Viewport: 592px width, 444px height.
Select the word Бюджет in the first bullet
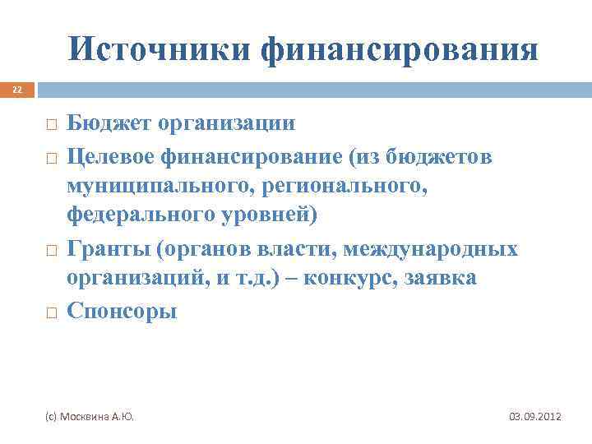pyautogui.click(x=111, y=124)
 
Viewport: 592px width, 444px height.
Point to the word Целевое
pyautogui.click(x=118, y=155)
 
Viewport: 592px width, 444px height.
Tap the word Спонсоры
pyautogui.click(x=122, y=312)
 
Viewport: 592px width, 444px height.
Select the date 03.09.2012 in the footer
pyautogui.click(x=535, y=418)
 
